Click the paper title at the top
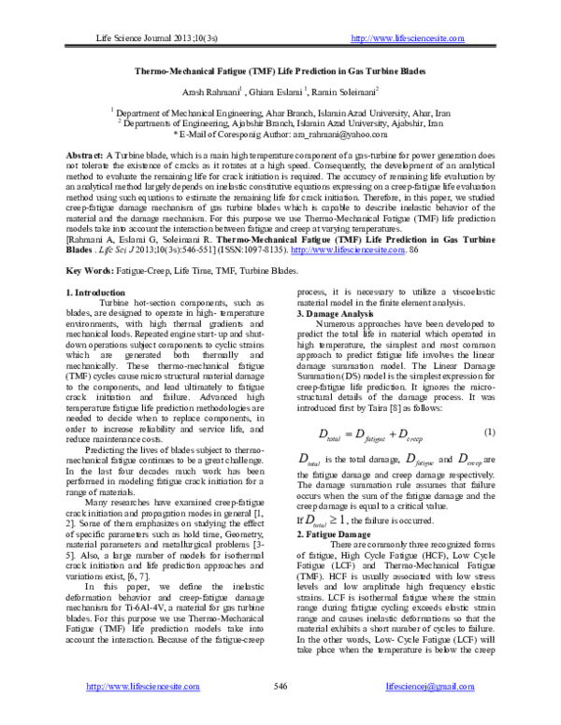[x=280, y=70]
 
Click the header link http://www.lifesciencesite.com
[x=406, y=38]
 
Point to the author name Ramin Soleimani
[x=348, y=92]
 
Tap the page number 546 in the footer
[x=279, y=687]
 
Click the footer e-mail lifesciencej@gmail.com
[x=436, y=687]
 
